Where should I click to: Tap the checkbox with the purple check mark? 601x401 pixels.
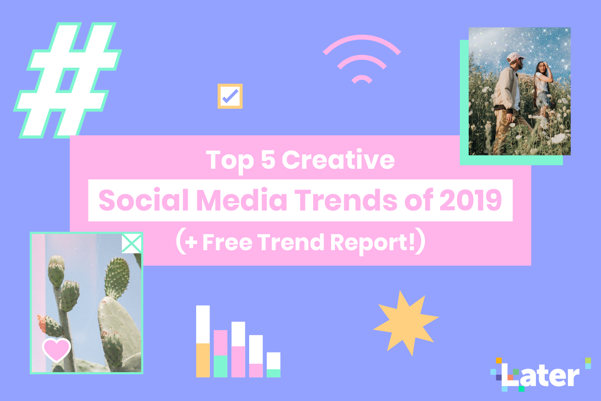tap(230, 96)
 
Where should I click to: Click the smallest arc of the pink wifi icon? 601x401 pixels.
tap(362, 78)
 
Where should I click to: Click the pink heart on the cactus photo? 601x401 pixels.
tap(56, 350)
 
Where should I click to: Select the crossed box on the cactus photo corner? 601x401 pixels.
tap(132, 243)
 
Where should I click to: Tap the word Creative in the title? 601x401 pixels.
tap(338, 160)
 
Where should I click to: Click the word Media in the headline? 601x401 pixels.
tap(242, 200)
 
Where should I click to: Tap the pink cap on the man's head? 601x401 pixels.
tap(515, 57)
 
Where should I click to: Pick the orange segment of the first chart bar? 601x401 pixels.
tap(203, 360)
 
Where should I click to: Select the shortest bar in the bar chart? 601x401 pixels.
tap(273, 365)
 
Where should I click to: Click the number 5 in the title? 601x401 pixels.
tap(268, 160)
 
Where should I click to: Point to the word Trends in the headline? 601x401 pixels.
tap(346, 200)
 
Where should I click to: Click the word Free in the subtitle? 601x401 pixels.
tap(227, 242)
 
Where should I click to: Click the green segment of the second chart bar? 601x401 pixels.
tap(220, 366)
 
